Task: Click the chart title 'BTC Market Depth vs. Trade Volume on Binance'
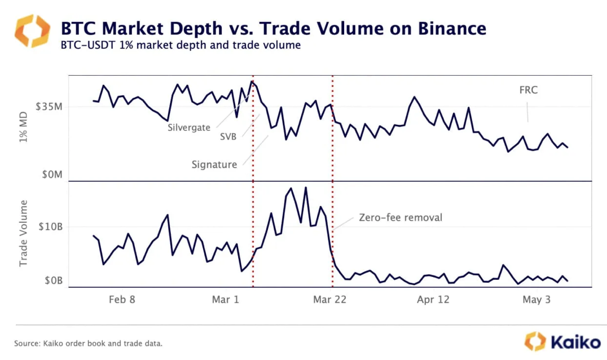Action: [x=273, y=28]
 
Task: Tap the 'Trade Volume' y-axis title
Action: [x=24, y=232]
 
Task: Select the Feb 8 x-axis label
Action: [x=122, y=300]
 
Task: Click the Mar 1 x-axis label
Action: [x=225, y=300]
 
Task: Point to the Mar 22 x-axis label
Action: [x=329, y=300]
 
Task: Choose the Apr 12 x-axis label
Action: [x=433, y=300]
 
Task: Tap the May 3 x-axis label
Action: [x=536, y=300]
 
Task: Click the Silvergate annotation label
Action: [x=188, y=127]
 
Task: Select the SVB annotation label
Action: [x=228, y=137]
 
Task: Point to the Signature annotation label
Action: [x=214, y=165]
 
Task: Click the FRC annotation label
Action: [x=528, y=90]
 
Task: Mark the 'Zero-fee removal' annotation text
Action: [x=401, y=217]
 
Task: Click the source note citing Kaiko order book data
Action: [x=89, y=343]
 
